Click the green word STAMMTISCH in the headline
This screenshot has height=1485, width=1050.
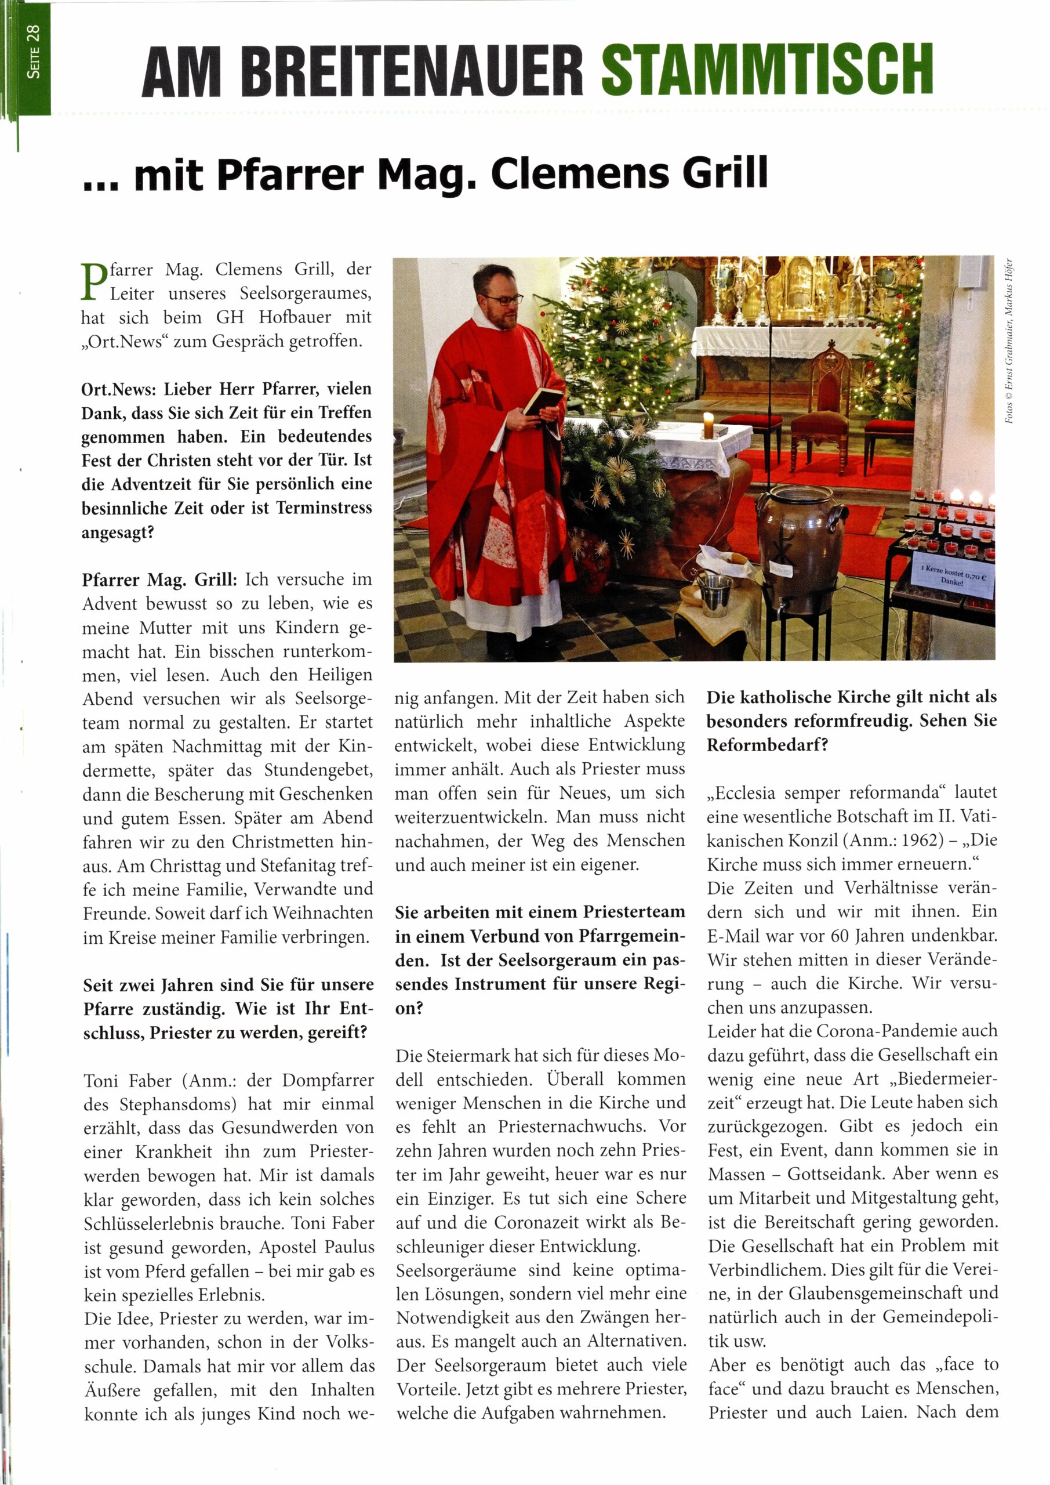tap(767, 70)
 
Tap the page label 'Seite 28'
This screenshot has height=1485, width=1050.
tap(34, 52)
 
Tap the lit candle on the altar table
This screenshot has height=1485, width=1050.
tap(708, 425)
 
